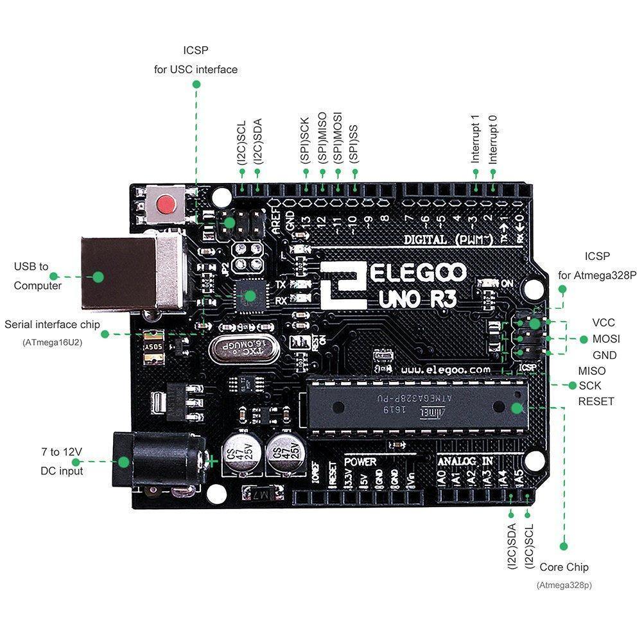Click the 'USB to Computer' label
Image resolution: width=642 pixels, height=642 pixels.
pos(38,276)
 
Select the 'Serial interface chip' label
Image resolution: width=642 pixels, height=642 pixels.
pos(52,325)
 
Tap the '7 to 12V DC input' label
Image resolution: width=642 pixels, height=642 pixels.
pos(58,461)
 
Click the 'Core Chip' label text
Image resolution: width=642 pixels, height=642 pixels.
pos(564,567)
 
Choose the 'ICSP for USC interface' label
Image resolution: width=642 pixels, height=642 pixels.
pos(195,60)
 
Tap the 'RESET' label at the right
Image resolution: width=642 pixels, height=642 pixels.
pos(596,401)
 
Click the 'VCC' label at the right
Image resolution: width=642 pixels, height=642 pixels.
pos(603,322)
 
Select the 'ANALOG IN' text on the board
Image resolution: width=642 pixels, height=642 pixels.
pos(465,461)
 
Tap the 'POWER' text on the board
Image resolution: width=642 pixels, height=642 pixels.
pos(360,461)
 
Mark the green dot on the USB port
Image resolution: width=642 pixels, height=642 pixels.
pos(98,277)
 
